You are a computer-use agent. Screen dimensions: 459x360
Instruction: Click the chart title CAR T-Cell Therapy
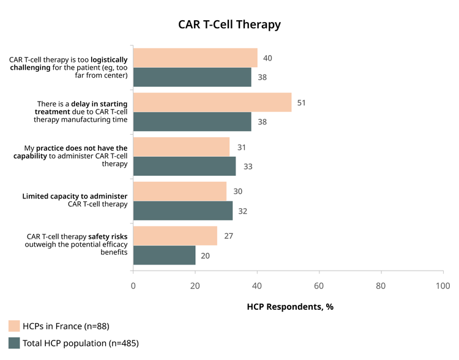coord(229,24)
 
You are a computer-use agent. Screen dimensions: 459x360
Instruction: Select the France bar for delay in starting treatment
coord(212,102)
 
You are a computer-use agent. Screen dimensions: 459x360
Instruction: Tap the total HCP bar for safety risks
coord(164,255)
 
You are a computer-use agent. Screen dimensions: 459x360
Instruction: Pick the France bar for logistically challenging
coord(195,58)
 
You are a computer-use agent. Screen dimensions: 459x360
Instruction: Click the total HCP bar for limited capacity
coord(183,211)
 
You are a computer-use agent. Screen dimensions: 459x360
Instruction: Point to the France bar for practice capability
coord(181,147)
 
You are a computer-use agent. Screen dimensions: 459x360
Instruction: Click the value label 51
coord(301,103)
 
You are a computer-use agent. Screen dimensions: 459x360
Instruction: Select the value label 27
coord(229,236)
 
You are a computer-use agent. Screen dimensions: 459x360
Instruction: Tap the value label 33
coord(248,167)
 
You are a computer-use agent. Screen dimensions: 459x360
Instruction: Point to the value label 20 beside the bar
coord(205,256)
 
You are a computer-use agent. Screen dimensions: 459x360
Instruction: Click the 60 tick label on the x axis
coord(319,286)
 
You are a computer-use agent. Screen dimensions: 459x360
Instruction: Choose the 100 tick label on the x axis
coord(443,286)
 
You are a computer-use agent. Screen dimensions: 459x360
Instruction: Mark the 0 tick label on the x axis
coord(133,286)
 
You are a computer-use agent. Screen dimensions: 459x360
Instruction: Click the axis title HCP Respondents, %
coord(290,307)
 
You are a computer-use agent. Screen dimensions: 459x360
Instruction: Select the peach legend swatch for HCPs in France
coord(14,326)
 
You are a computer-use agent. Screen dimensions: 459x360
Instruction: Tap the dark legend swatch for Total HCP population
coord(14,343)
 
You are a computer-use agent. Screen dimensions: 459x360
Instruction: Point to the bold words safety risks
coord(108,236)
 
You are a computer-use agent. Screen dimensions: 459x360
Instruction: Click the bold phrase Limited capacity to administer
coord(75,197)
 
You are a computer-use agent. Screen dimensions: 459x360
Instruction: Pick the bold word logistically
coord(109,60)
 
